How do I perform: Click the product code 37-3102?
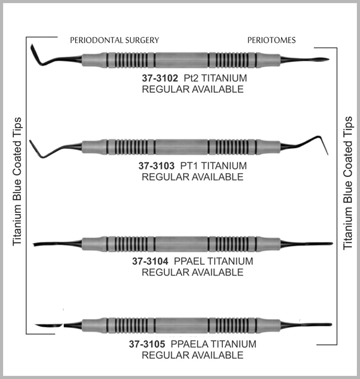[x=160, y=78]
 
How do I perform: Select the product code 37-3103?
[x=157, y=165]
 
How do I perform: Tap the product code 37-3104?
[x=150, y=262]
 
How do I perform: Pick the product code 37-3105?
[x=147, y=344]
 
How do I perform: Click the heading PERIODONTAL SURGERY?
[x=114, y=40]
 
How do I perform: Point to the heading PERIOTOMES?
[x=272, y=40]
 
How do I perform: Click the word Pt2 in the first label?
[x=191, y=78]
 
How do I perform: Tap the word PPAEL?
[x=189, y=262]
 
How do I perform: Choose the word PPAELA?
[x=189, y=344]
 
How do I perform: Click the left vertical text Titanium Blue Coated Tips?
[x=17, y=181]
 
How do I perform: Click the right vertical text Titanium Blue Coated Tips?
[x=348, y=183]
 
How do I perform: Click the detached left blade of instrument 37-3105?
[x=49, y=325]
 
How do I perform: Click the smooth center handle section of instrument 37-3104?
[x=181, y=244]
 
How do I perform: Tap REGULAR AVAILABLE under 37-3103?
[x=193, y=177]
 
